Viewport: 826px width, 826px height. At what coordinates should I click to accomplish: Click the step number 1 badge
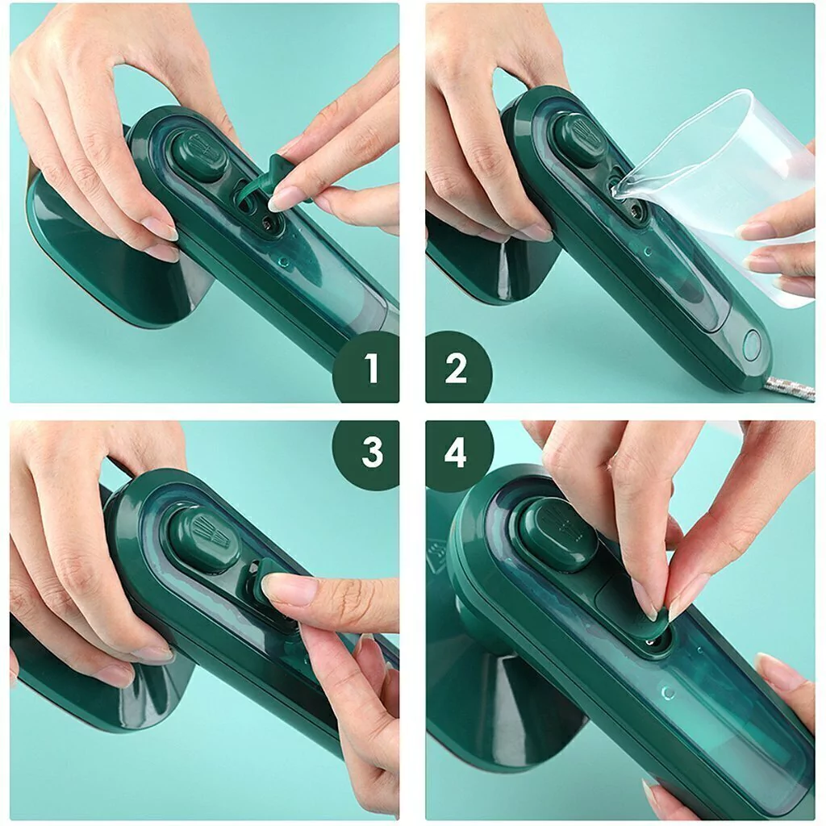pos(368,368)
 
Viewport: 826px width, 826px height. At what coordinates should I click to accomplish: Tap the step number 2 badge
pos(457,368)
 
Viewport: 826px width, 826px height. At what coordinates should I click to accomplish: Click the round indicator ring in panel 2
pos(752,345)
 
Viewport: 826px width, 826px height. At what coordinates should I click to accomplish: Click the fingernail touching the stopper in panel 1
pos(279,199)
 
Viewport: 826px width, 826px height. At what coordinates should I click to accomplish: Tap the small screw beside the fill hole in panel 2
pos(637,212)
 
